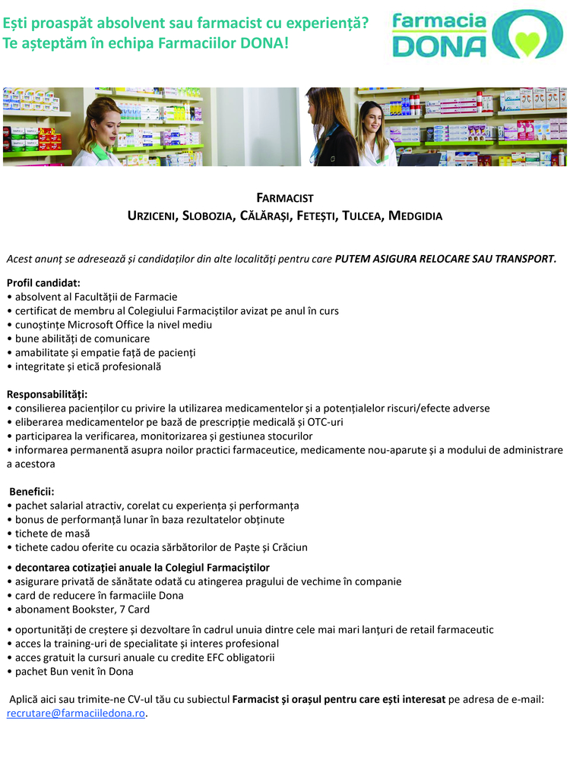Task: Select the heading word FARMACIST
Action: pyautogui.click(x=284, y=198)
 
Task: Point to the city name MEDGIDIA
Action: pyautogui.click(x=415, y=216)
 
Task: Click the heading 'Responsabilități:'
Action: pyautogui.click(x=47, y=394)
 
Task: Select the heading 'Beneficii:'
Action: pyautogui.click(x=32, y=491)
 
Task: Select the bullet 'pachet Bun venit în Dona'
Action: pyautogui.click(x=74, y=671)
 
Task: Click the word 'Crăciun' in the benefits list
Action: pyautogui.click(x=289, y=546)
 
